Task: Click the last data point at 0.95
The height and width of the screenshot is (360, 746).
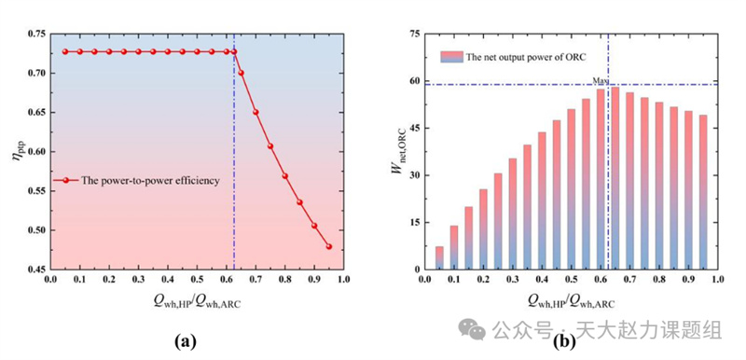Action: [x=329, y=246]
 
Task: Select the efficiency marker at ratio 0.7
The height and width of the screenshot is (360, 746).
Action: [x=256, y=112]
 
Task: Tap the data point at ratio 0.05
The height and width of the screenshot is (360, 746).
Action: [x=65, y=51]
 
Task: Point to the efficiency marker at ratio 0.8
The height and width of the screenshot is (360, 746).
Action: [x=285, y=176]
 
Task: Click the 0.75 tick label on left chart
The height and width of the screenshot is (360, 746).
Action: [x=36, y=35]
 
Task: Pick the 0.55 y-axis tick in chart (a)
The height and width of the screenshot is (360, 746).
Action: [x=36, y=191]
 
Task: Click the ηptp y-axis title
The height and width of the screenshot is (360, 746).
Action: [x=17, y=151]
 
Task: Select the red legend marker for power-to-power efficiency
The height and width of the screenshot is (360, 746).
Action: [x=65, y=181]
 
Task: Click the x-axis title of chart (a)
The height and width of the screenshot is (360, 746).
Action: [x=197, y=302]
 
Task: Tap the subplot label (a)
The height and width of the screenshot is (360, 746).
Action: [x=186, y=341]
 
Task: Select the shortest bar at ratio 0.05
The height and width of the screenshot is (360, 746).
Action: [x=439, y=257]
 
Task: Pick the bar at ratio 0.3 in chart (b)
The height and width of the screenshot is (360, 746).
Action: [x=512, y=214]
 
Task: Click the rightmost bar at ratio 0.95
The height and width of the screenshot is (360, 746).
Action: [x=702, y=192]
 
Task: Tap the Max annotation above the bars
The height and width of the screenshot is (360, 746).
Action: [x=600, y=81]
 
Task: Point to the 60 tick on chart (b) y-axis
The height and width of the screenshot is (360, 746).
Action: [x=413, y=81]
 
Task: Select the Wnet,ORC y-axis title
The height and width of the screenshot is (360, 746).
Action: [x=397, y=150]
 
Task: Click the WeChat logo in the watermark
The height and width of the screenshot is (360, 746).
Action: [x=472, y=329]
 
